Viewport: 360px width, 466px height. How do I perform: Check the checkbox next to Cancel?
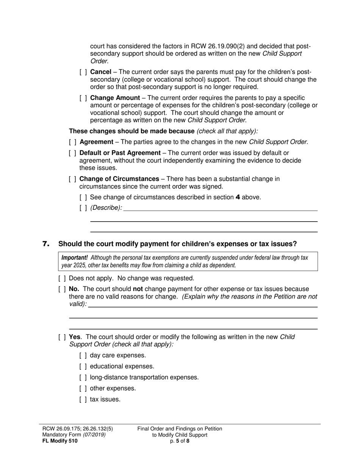tap(83, 72)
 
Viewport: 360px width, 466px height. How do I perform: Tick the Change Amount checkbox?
tap(83, 98)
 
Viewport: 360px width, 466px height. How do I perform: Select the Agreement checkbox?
tap(73, 142)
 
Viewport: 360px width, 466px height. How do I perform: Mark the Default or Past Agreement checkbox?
tap(73, 153)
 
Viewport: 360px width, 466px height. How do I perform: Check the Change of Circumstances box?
tap(73, 179)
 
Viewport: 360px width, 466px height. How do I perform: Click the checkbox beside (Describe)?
tap(83, 208)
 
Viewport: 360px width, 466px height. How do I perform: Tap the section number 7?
tap(46, 244)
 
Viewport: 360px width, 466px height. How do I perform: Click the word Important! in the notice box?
tap(75, 258)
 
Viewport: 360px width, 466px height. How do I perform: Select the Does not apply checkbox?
tap(62, 278)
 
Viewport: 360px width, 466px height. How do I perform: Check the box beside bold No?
tap(62, 289)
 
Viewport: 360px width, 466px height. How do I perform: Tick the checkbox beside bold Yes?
tap(62, 337)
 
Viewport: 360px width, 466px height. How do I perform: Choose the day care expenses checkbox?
tap(83, 356)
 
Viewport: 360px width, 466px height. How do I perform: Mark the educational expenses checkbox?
tap(83, 367)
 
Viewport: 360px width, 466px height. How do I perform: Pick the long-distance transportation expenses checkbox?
tap(83, 378)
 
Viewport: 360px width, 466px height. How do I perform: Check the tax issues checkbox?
tap(83, 400)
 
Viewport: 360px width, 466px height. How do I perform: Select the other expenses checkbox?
tap(83, 389)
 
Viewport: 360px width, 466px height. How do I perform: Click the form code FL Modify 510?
tap(60, 441)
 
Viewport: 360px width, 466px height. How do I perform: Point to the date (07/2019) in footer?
tap(94, 435)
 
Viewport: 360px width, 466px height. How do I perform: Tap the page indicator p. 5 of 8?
tap(180, 441)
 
